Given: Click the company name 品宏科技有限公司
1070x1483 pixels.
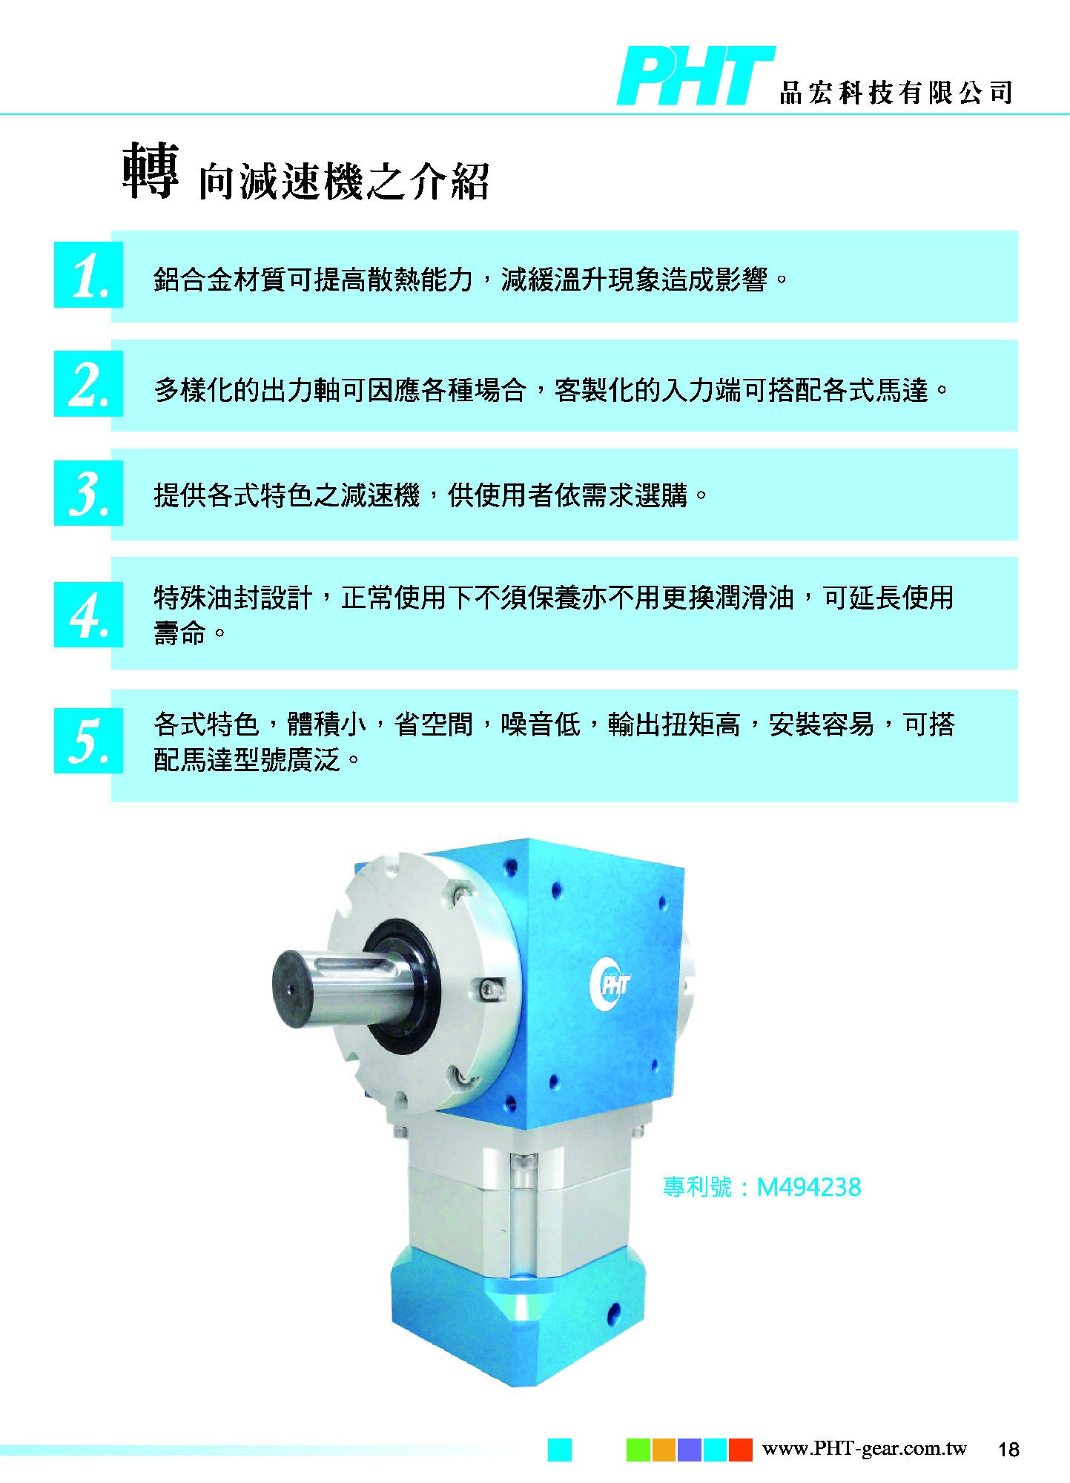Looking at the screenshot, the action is (896, 92).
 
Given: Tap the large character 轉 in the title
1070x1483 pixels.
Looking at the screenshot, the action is (151, 171).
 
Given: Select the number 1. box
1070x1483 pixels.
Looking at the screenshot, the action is (88, 275).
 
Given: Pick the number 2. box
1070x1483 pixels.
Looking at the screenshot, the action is (88, 384).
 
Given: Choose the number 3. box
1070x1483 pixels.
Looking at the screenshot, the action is (88, 493).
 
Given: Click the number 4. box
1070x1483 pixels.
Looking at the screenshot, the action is (88, 614).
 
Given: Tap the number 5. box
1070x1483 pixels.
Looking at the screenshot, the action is (88, 740).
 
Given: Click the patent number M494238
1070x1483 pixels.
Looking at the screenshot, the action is (808, 1188).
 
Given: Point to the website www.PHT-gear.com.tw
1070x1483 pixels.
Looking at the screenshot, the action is (865, 1448).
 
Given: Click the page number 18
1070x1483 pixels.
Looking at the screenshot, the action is (1008, 1450).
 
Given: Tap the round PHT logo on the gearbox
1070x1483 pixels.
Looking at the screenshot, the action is (610, 984).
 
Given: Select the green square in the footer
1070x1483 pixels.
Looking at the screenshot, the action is (638, 1450).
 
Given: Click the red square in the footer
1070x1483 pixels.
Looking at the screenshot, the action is (741, 1450).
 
